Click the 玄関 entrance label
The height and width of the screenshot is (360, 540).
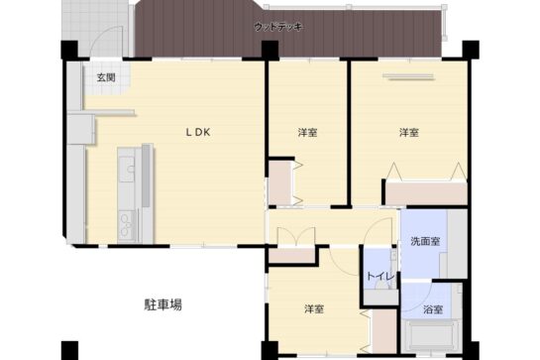(106, 77)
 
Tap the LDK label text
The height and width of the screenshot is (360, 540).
(195, 132)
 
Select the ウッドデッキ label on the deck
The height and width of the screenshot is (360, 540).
(278, 26)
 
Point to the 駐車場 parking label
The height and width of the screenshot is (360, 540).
(162, 304)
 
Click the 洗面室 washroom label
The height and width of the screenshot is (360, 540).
(425, 242)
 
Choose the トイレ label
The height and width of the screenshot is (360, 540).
(380, 276)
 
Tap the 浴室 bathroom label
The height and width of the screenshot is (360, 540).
(433, 310)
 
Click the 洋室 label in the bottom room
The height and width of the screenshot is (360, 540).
(315, 309)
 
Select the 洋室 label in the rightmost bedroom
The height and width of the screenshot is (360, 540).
(408, 132)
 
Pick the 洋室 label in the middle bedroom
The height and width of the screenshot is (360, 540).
(307, 132)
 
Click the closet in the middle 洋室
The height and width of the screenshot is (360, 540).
(279, 183)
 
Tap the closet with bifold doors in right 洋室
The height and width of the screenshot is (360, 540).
(426, 188)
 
